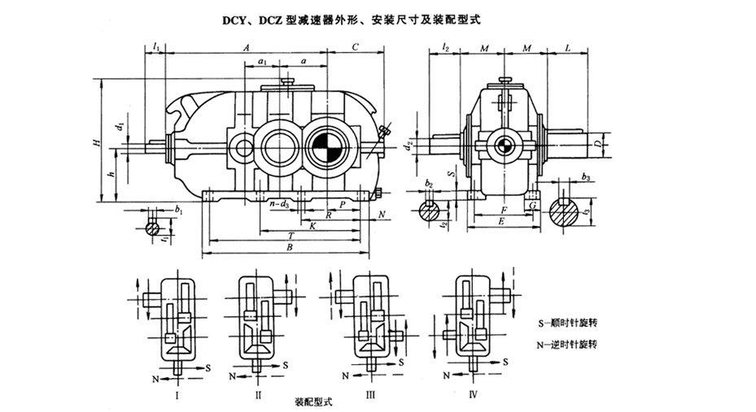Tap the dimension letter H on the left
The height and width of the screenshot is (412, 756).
96,145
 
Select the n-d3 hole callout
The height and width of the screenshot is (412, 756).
281,204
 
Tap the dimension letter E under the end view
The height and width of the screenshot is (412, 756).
502,220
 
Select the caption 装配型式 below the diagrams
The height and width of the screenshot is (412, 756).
316,402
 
